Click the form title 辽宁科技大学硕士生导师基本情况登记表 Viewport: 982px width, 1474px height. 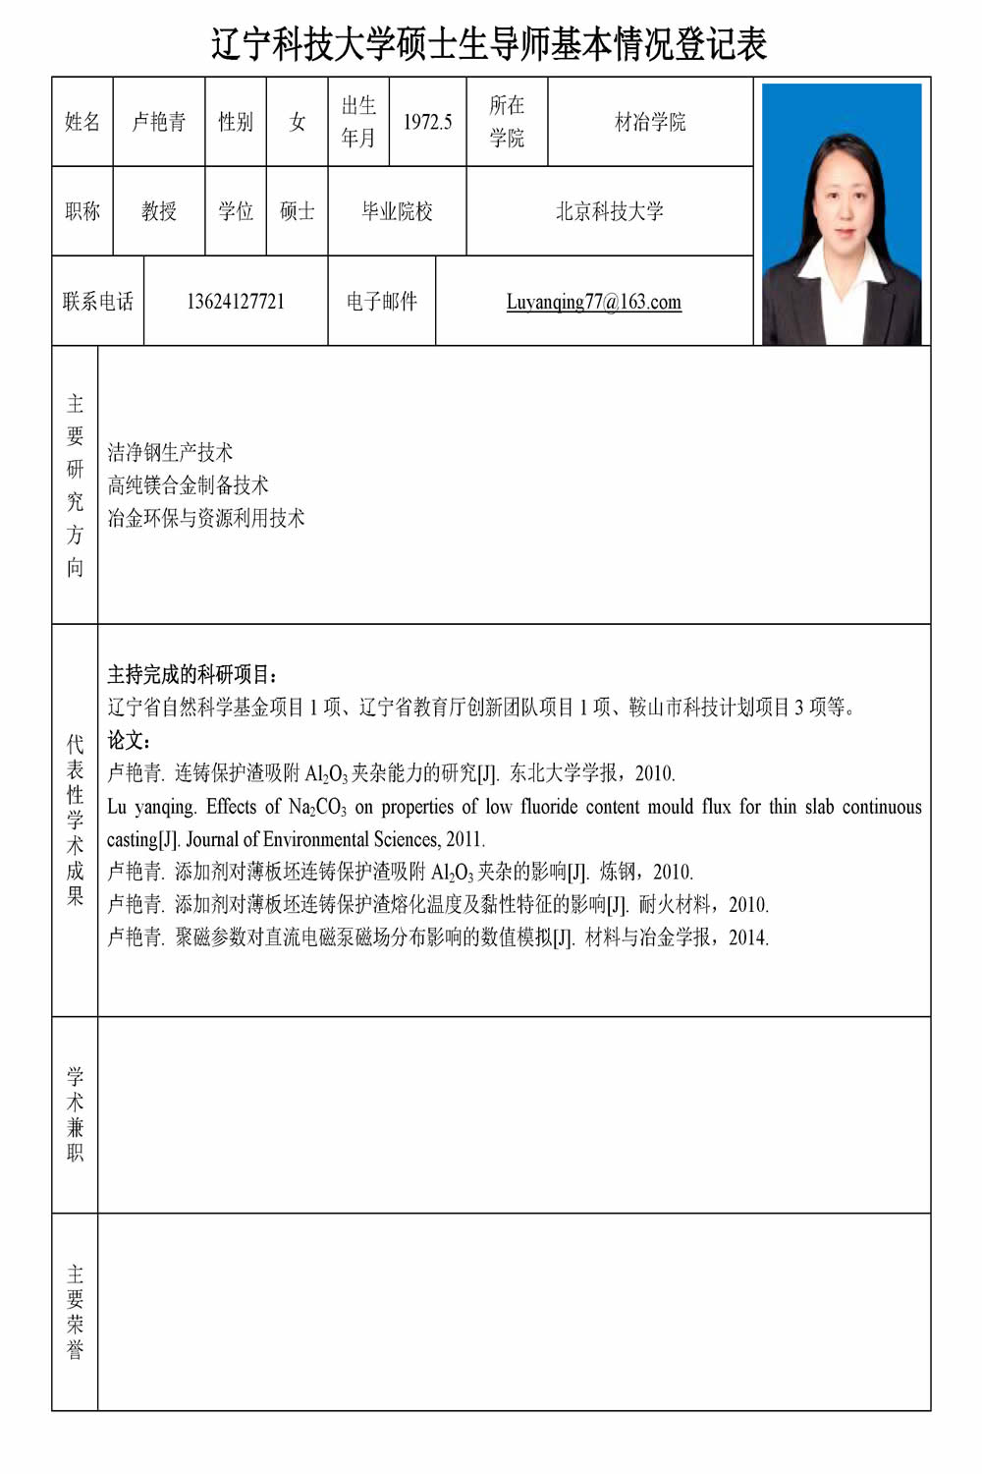pyautogui.click(x=489, y=44)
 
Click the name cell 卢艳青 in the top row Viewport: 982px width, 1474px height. pyautogui.click(x=159, y=122)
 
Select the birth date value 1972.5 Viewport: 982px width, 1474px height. pyautogui.click(x=427, y=122)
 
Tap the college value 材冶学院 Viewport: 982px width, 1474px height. pyautogui.click(x=650, y=122)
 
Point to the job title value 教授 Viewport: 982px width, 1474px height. pyautogui.click(x=159, y=211)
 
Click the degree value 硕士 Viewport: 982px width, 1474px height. pyautogui.click(x=297, y=211)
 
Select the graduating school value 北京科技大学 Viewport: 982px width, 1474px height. pyautogui.click(x=609, y=211)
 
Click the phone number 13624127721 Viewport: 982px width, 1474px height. pyautogui.click(x=236, y=302)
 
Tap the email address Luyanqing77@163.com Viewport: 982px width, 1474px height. pyautogui.click(x=593, y=302)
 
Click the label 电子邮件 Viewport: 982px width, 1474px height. pyautogui.click(x=381, y=302)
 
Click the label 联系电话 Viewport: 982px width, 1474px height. pyautogui.click(x=97, y=302)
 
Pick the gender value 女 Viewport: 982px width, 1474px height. pyautogui.click(x=297, y=122)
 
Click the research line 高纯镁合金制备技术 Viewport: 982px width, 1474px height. pyautogui.click(x=188, y=485)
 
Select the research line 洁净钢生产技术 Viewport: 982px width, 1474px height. pyautogui.click(x=170, y=453)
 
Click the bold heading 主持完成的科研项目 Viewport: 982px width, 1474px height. pyautogui.click(x=192, y=675)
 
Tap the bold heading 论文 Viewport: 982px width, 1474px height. pyautogui.click(x=128, y=740)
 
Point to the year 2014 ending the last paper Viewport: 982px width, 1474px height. pyautogui.click(x=747, y=937)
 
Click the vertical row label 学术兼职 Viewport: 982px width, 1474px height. pyautogui.click(x=76, y=1114)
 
